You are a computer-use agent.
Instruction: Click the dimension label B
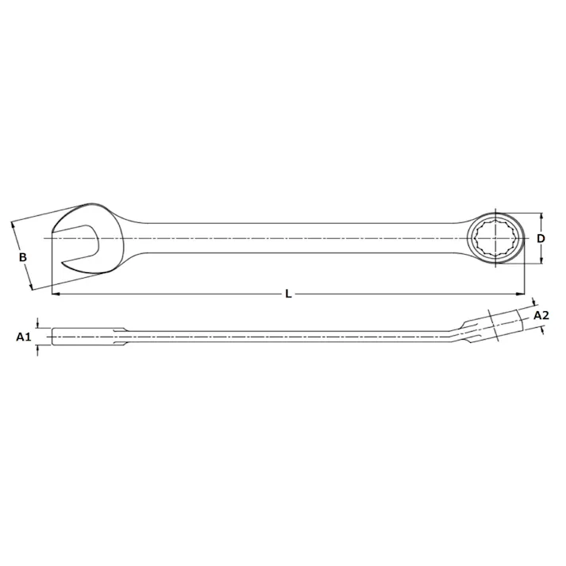23,257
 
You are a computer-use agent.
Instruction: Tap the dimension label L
289,295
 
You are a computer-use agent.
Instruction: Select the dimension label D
541,238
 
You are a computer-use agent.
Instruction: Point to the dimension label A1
22,337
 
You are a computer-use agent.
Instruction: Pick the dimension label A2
541,315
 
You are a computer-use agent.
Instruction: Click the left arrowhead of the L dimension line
54,295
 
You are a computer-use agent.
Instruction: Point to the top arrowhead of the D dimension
541,216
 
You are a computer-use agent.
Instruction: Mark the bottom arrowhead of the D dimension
541,261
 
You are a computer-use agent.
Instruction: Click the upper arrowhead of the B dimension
13,225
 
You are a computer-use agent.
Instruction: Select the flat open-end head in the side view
83,337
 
